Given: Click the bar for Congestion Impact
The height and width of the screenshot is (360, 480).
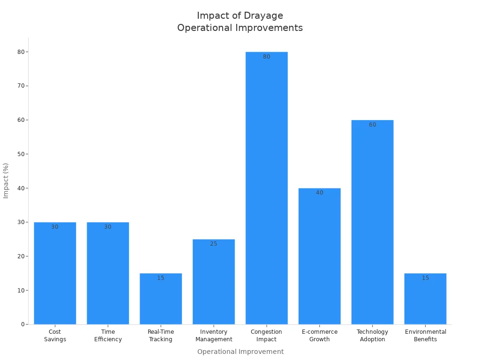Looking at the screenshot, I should (x=266, y=187).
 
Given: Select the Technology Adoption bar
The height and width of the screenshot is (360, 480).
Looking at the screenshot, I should (x=372, y=223).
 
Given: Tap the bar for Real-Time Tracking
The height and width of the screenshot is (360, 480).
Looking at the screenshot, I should (x=161, y=300).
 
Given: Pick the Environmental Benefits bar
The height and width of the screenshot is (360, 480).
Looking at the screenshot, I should (x=425, y=300).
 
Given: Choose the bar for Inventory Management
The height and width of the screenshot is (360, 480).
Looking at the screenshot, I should (x=214, y=281).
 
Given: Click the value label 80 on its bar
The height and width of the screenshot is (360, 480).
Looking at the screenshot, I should (x=266, y=57).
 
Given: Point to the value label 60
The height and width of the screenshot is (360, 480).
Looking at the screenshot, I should (x=372, y=125).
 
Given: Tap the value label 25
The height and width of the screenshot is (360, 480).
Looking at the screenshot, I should (x=214, y=244).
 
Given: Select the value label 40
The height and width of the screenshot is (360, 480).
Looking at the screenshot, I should (x=319, y=193).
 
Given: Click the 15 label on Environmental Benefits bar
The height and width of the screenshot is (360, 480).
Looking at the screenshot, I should (x=425, y=278).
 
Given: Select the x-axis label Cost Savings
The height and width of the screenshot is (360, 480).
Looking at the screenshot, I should (x=55, y=336).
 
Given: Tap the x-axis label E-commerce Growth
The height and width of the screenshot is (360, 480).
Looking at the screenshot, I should (x=319, y=336).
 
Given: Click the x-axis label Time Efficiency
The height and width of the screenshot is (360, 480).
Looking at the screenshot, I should (x=108, y=336).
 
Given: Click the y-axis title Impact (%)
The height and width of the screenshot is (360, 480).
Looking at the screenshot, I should (x=6, y=180).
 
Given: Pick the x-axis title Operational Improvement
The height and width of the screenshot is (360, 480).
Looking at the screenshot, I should (x=240, y=352).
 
